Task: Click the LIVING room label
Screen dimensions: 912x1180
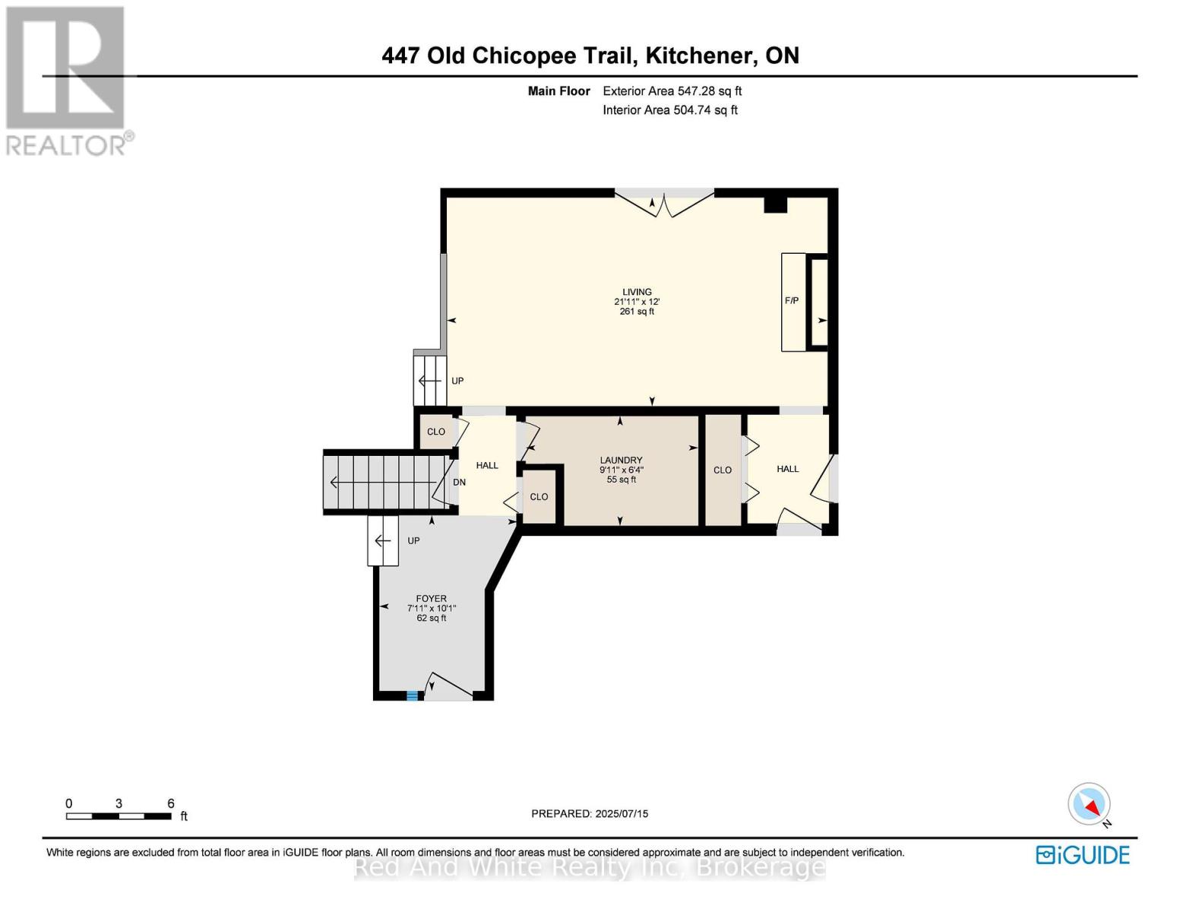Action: point(637,292)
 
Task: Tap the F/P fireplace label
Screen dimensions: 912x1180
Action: point(791,301)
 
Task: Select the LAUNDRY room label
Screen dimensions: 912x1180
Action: point(621,460)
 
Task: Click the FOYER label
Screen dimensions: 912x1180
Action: point(431,599)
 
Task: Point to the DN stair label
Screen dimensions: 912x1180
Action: point(459,483)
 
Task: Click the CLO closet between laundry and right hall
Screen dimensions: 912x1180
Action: point(723,470)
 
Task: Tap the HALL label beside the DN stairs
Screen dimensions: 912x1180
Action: point(487,465)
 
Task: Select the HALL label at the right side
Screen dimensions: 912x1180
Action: point(787,469)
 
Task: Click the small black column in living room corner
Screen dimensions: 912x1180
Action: point(775,204)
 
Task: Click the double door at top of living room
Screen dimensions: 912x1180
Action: point(664,204)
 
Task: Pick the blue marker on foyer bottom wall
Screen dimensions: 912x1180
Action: point(412,695)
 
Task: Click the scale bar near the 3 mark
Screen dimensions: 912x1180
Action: point(119,816)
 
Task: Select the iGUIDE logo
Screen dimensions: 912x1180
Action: point(1083,855)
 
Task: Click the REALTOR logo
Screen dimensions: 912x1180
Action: point(66,80)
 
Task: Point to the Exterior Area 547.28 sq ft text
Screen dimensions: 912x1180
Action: point(672,91)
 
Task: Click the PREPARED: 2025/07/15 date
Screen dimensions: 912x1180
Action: point(590,814)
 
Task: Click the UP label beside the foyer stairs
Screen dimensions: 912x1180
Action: point(413,541)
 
